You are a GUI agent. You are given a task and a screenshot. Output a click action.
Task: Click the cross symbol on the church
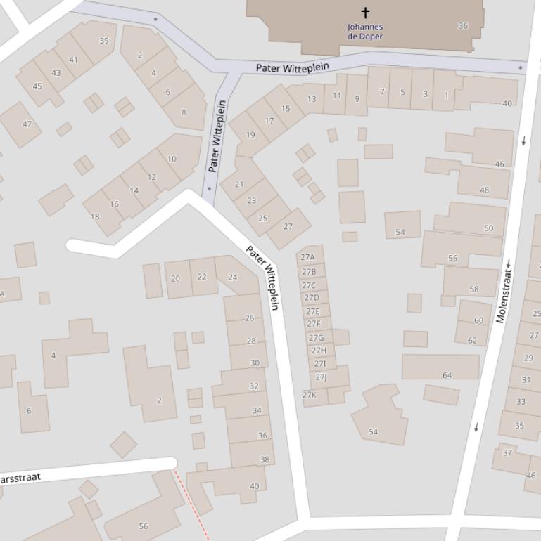pyautogui.click(x=365, y=13)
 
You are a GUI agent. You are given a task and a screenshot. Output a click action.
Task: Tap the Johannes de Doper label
pyautogui.click(x=365, y=32)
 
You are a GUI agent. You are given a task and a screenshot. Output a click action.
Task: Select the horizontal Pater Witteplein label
pyautogui.click(x=292, y=68)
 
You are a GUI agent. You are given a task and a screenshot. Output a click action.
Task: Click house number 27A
pyautogui.click(x=307, y=257)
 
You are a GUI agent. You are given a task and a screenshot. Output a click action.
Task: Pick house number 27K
pyautogui.click(x=310, y=395)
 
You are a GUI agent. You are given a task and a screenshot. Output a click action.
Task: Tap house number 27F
pyautogui.click(x=314, y=324)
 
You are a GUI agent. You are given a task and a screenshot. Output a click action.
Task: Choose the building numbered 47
pyautogui.click(x=27, y=124)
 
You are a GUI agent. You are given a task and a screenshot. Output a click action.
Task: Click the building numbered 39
pyautogui.click(x=104, y=41)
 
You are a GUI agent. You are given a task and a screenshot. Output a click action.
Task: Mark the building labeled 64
pyautogui.click(x=447, y=375)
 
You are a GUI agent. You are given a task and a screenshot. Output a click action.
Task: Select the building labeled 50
pyautogui.click(x=488, y=228)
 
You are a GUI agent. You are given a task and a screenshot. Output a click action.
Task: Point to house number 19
pyautogui.click(x=250, y=135)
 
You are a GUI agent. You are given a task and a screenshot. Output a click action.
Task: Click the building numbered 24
pyautogui.click(x=232, y=278)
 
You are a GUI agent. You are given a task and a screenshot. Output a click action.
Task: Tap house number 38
pyautogui.click(x=265, y=460)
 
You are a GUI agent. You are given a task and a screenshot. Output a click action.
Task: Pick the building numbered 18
pyautogui.click(x=95, y=216)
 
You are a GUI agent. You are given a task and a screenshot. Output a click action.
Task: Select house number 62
pyautogui.click(x=472, y=341)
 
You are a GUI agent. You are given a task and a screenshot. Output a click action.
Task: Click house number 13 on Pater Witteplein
pyautogui.click(x=311, y=99)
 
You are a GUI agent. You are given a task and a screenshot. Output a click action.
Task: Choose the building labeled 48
pyautogui.click(x=484, y=190)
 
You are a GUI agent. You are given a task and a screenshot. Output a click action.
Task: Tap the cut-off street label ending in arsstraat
pyautogui.click(x=20, y=478)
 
